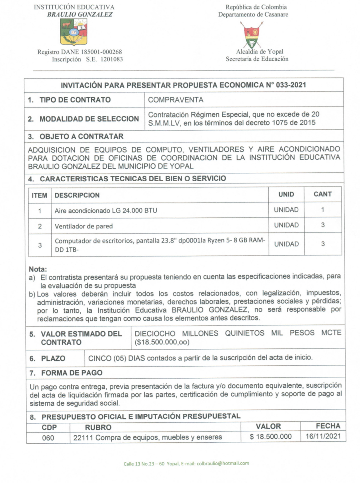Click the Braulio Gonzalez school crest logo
(74, 32)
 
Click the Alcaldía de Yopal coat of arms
(253, 34)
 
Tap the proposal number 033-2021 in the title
(291, 85)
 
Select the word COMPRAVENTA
(176, 100)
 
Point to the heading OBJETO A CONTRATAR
(81, 136)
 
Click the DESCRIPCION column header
(77, 195)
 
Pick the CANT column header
(322, 194)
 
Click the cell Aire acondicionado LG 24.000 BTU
(106, 211)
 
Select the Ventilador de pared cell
(84, 226)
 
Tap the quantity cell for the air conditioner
(322, 210)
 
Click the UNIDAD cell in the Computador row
(286, 244)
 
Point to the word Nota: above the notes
(38, 269)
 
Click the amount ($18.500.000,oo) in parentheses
(162, 342)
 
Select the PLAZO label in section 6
(53, 358)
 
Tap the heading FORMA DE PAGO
(72, 373)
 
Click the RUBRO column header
(98, 427)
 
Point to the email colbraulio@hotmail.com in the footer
(223, 463)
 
